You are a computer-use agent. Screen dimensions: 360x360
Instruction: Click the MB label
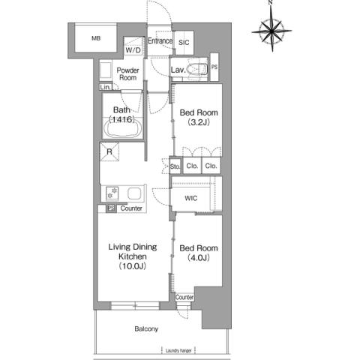(96, 38)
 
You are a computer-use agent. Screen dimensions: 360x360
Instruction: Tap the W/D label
(133, 50)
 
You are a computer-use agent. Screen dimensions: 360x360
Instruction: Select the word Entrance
(160, 40)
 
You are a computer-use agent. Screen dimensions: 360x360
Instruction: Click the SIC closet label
(184, 43)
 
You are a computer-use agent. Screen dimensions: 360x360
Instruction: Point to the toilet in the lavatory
(197, 69)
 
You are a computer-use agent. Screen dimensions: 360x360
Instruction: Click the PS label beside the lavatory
(214, 67)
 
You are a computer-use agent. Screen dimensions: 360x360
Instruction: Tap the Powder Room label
(127, 74)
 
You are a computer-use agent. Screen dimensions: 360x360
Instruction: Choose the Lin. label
(105, 87)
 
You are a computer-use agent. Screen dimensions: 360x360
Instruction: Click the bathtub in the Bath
(123, 129)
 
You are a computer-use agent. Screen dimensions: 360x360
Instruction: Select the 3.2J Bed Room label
(199, 117)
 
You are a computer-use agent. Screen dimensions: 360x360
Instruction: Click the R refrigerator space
(109, 151)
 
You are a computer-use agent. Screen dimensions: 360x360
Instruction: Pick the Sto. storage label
(175, 166)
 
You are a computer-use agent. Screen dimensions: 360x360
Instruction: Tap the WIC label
(191, 199)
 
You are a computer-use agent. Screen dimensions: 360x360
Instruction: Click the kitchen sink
(135, 193)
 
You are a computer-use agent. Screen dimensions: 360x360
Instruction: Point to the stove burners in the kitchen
(112, 193)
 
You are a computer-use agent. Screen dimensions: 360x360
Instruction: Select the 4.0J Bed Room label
(199, 253)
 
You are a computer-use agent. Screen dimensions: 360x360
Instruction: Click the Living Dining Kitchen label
(133, 256)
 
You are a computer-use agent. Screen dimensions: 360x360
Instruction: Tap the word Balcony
(146, 329)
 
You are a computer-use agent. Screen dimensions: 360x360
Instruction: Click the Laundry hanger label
(178, 351)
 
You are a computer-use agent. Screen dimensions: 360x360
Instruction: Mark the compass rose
(271, 31)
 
